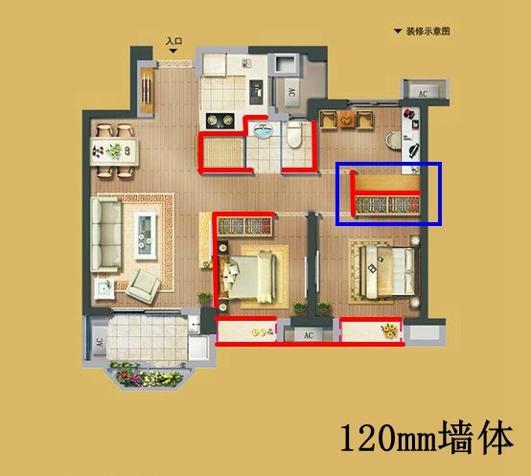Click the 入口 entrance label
click(x=173, y=41)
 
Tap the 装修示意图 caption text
click(x=427, y=32)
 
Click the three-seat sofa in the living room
click(x=106, y=233)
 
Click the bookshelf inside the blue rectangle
click(x=387, y=203)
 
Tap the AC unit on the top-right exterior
click(x=423, y=92)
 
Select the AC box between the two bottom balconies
click(x=310, y=335)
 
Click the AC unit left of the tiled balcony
click(x=98, y=341)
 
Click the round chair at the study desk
click(x=393, y=137)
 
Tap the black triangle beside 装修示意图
click(x=398, y=32)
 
